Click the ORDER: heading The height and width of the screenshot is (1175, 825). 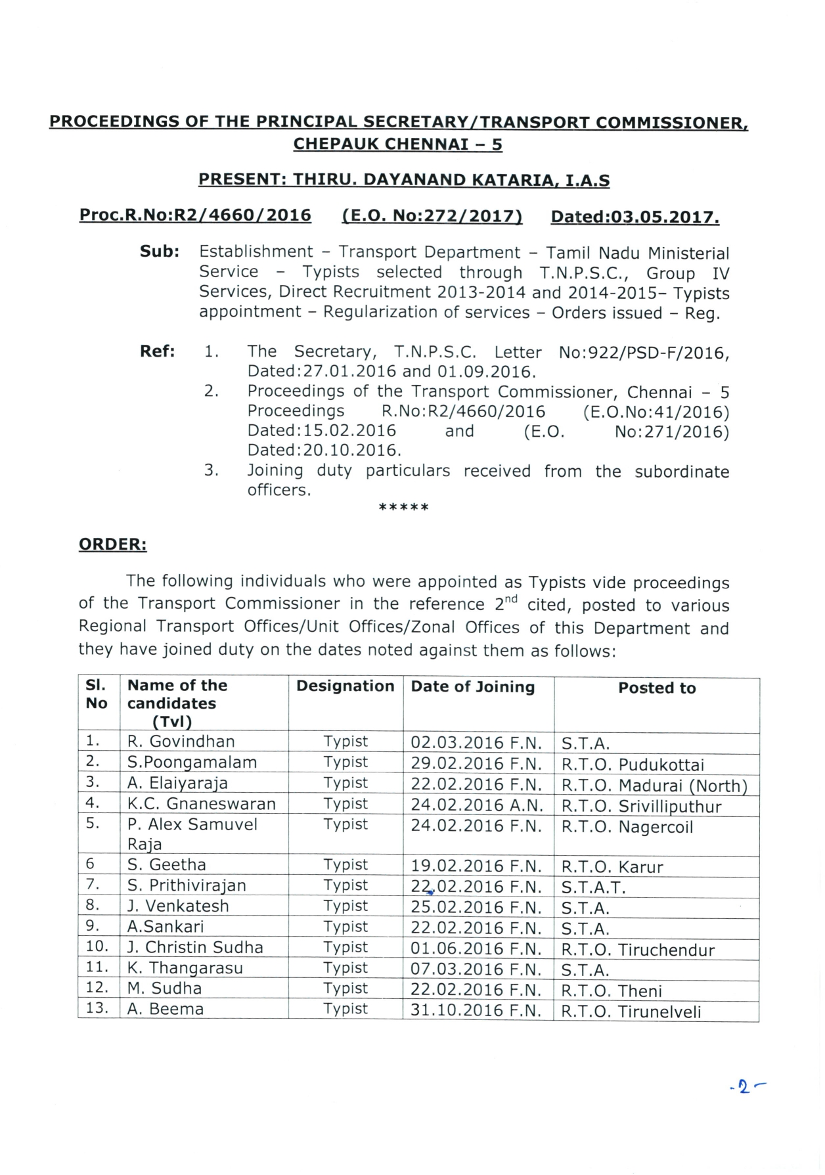[112, 544]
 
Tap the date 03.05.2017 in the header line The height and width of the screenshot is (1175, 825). [635, 217]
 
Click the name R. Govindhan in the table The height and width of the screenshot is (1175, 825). [181, 742]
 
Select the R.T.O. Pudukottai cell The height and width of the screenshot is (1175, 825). [633, 765]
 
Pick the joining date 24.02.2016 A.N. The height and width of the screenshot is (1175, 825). [476, 806]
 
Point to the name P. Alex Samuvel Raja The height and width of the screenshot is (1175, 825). [192, 833]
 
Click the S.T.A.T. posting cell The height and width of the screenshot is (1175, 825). [593, 887]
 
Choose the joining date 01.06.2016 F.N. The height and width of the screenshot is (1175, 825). [476, 949]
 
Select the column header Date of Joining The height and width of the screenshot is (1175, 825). [473, 687]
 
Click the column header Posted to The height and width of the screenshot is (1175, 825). [657, 688]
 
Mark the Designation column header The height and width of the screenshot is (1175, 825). [345, 686]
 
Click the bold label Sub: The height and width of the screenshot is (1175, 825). [160, 252]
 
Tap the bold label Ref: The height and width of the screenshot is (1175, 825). [158, 351]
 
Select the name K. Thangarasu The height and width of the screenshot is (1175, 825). [185, 968]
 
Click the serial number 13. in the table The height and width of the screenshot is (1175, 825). [98, 1008]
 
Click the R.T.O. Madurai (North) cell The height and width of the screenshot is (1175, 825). [654, 786]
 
